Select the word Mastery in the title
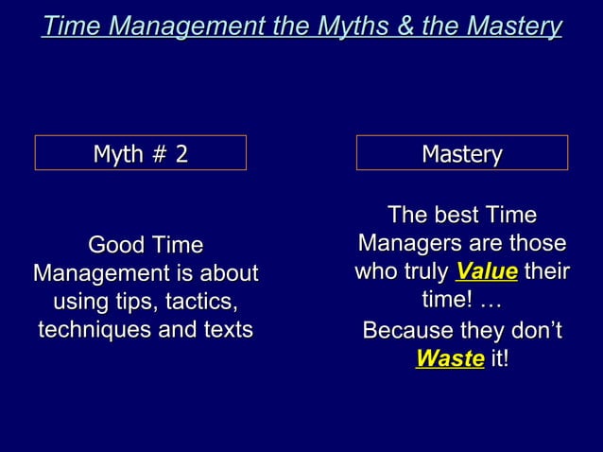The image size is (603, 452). point(514,26)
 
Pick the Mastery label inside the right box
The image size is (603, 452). point(461,153)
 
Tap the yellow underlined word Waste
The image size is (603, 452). point(450,359)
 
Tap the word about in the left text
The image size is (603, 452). point(228,274)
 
